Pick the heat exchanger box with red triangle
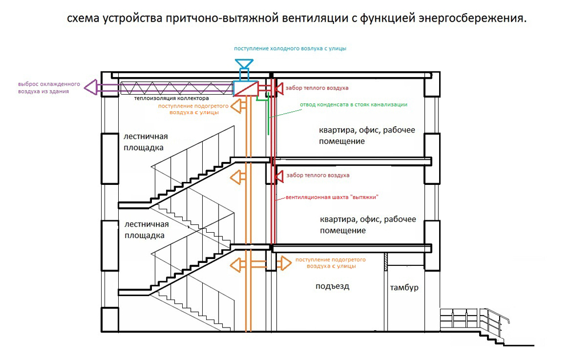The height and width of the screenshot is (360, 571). [246, 88]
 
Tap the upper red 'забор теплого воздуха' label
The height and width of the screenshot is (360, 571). [317, 88]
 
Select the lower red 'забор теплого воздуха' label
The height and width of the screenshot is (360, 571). [317, 175]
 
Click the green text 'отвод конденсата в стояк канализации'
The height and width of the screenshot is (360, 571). [353, 104]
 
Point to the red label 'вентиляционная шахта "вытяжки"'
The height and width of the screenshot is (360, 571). [328, 197]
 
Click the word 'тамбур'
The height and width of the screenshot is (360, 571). [404, 288]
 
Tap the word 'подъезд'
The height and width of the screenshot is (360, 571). [332, 286]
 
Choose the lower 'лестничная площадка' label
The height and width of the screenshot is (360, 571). [146, 229]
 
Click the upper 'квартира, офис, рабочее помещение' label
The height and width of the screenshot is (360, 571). [367, 135]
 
